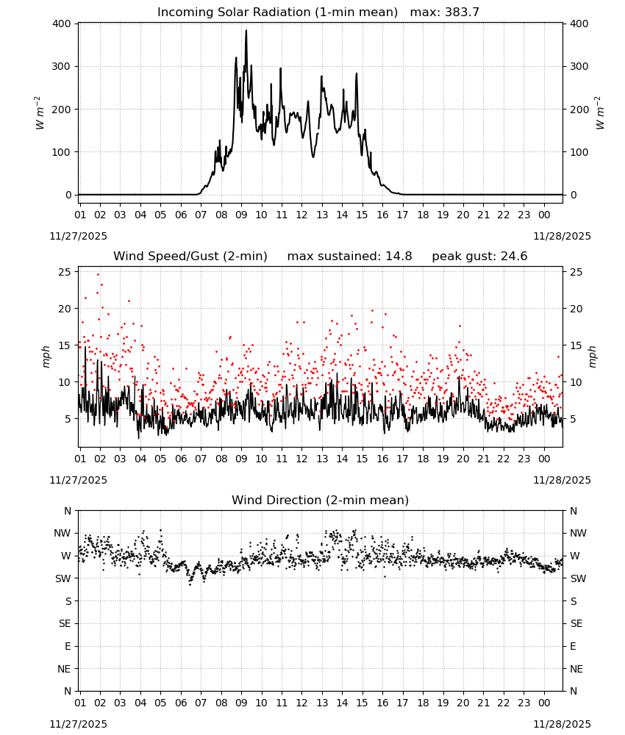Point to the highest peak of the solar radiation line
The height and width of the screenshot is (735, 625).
pyautogui.click(x=246, y=31)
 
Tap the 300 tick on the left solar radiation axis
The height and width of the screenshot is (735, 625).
pyautogui.click(x=62, y=67)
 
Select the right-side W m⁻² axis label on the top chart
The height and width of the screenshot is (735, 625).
pyautogui.click(x=600, y=112)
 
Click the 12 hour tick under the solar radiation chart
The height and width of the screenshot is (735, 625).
pyautogui.click(x=301, y=215)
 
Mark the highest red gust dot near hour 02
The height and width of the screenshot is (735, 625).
pyautogui.click(x=98, y=275)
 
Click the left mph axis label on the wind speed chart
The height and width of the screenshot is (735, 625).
pyautogui.click(x=46, y=356)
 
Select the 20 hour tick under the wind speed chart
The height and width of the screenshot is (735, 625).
pyautogui.click(x=463, y=459)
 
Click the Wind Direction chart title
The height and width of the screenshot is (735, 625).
pyautogui.click(x=321, y=500)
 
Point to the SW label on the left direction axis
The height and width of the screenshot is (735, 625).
pyautogui.click(x=63, y=578)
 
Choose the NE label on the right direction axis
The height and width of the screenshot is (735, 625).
pyautogui.click(x=577, y=669)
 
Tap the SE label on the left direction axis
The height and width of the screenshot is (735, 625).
pyautogui.click(x=65, y=623)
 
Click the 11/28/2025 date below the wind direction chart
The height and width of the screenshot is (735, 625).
pyautogui.click(x=562, y=724)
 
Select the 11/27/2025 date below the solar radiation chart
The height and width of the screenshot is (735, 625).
pyautogui.click(x=78, y=236)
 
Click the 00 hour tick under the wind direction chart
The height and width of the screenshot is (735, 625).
pyautogui.click(x=544, y=703)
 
